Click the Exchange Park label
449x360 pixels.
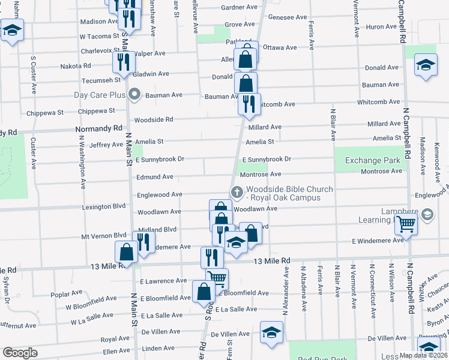(372, 160)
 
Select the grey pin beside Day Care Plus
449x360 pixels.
(134, 94)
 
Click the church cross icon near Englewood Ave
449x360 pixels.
(237, 193)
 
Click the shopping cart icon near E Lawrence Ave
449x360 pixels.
(217, 277)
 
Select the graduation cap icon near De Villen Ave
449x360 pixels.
(271, 332)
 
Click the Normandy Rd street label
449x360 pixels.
(98, 128)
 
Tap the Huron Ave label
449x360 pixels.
(381, 26)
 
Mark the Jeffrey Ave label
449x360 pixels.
(106, 145)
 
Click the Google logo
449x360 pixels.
(20, 353)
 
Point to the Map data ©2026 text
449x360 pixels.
(423, 355)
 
